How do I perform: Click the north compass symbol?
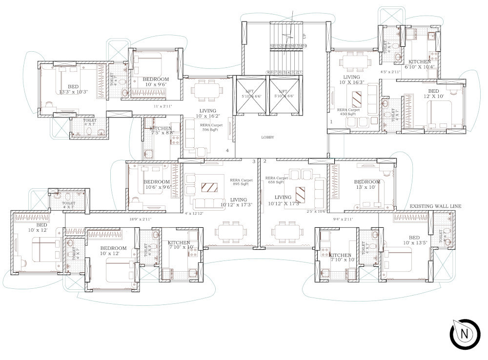pyautogui.click(x=465, y=334)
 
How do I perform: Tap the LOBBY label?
pyautogui.click(x=267, y=138)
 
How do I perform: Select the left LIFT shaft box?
pyautogui.click(x=249, y=96)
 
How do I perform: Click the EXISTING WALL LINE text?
pyautogui.click(x=435, y=207)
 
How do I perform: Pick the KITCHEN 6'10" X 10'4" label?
pyautogui.click(x=420, y=64)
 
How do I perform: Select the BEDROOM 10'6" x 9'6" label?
pyautogui.click(x=157, y=185)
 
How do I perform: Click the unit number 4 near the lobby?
pyautogui.click(x=227, y=150)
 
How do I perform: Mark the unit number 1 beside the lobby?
pyautogui.click(x=331, y=121)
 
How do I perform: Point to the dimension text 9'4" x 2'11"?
pyautogui.click(x=343, y=220)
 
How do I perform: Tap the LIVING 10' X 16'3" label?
pyautogui.click(x=351, y=80)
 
